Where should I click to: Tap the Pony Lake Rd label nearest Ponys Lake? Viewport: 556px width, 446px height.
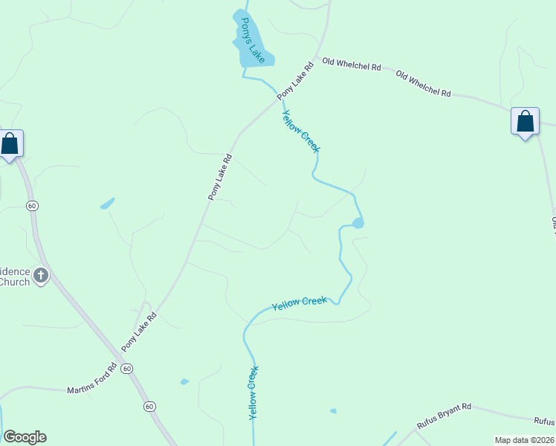click(x=296, y=80)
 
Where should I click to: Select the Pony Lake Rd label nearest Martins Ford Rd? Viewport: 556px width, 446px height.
click(x=139, y=331)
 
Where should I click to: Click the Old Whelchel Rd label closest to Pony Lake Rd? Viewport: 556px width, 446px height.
click(x=352, y=66)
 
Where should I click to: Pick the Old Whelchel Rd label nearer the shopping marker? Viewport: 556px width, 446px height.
click(x=424, y=84)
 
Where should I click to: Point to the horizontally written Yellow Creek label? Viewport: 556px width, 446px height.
click(x=299, y=303)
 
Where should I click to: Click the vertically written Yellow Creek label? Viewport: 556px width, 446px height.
click(x=253, y=392)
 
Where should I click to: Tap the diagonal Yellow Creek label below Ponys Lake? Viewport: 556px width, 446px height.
click(x=301, y=131)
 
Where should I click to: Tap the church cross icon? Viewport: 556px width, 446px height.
click(x=40, y=276)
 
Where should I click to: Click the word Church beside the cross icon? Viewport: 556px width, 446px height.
click(x=15, y=282)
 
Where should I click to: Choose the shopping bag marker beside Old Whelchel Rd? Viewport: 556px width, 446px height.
click(x=525, y=120)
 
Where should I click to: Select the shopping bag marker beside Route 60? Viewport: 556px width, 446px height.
click(x=10, y=143)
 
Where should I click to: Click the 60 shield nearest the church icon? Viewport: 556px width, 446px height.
click(x=32, y=205)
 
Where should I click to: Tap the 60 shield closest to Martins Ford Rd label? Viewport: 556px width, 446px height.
click(x=127, y=369)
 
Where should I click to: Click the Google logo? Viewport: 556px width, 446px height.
click(x=25, y=437)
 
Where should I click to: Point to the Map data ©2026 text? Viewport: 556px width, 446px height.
click(x=524, y=440)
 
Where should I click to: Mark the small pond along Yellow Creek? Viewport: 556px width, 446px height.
click(x=358, y=223)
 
